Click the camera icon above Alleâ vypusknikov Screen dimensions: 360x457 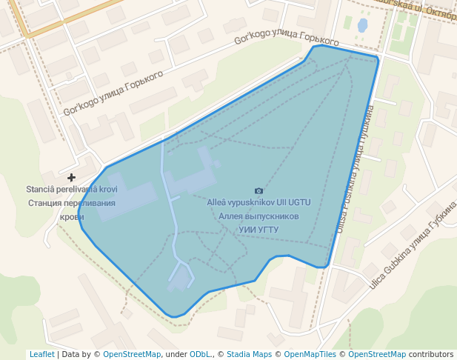[258, 191]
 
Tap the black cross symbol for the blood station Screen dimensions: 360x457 [71, 178]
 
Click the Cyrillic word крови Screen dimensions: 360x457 [72, 217]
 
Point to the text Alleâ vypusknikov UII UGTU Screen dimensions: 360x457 [258, 202]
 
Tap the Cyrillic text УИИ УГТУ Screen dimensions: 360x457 [258, 230]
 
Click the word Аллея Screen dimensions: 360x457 [231, 216]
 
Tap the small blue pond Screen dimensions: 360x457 [362, 26]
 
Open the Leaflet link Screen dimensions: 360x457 [41, 355]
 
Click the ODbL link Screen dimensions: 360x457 [202, 355]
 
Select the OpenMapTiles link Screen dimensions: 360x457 [310, 355]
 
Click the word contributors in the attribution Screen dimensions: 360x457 [431, 355]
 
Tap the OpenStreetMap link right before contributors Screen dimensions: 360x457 [377, 355]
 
